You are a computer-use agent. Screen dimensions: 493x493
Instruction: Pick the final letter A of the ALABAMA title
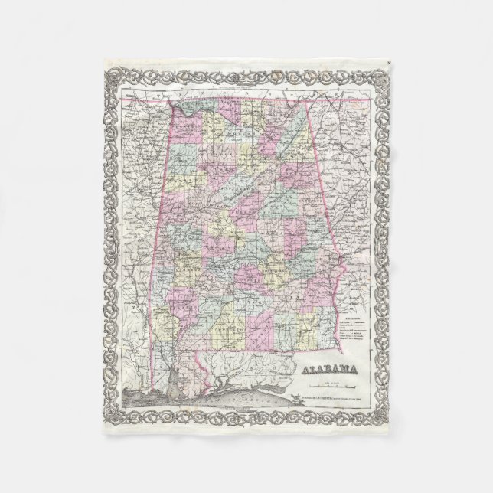click(x=358, y=371)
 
